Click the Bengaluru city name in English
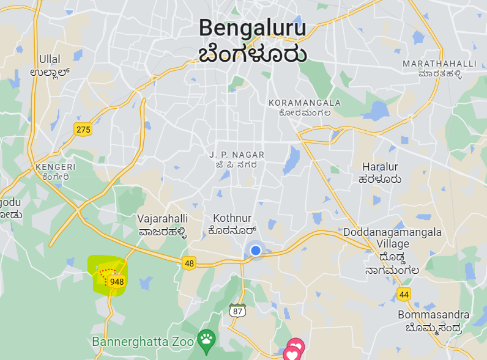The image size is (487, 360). point(252,28)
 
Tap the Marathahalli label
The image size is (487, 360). point(439,64)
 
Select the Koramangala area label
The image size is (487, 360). point(305,102)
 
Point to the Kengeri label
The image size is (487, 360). point(55,166)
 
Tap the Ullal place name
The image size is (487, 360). point(50,59)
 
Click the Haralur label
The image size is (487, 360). point(380,167)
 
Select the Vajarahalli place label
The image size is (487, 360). point(162,218)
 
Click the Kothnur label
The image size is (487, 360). point(232,218)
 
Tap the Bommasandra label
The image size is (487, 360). point(433,315)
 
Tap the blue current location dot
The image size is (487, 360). point(256,250)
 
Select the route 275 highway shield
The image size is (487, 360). point(83,129)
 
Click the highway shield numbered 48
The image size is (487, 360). point(189,263)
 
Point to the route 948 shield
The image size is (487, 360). point(116,282)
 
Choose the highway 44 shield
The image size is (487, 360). point(403,294)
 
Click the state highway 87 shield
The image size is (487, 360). point(237,310)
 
